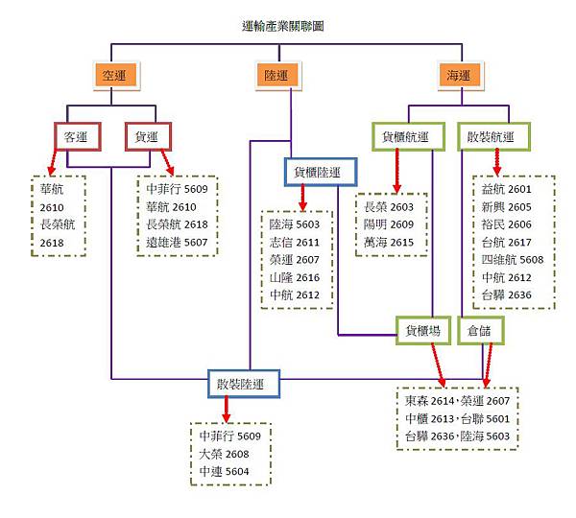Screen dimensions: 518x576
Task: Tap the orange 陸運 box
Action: (274, 74)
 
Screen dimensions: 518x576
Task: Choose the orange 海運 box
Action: (459, 74)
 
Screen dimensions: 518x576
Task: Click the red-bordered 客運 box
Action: (76, 136)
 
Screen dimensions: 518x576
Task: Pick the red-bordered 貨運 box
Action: (148, 136)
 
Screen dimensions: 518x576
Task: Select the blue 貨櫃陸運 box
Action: (320, 172)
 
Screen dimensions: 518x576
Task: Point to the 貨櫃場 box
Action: (423, 330)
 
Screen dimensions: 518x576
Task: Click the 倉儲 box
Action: (479, 330)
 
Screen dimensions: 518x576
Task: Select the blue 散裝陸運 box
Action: (247, 385)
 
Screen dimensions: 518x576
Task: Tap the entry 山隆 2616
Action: (297, 276)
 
